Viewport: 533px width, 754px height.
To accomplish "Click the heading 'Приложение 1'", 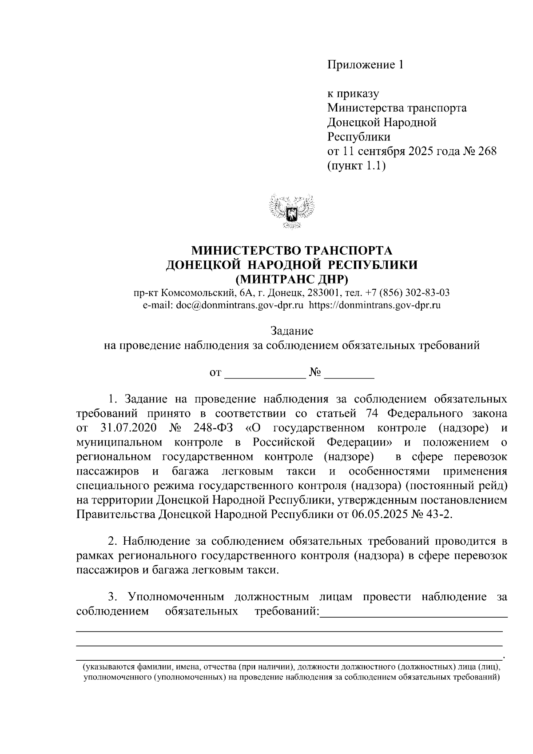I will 365,65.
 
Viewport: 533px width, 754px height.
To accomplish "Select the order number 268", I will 487,151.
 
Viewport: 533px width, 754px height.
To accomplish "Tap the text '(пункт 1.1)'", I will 355,166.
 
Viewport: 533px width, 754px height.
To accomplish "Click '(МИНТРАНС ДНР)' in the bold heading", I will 291,279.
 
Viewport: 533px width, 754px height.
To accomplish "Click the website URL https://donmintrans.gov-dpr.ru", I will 374,305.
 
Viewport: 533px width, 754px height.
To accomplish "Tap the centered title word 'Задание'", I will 292,331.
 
